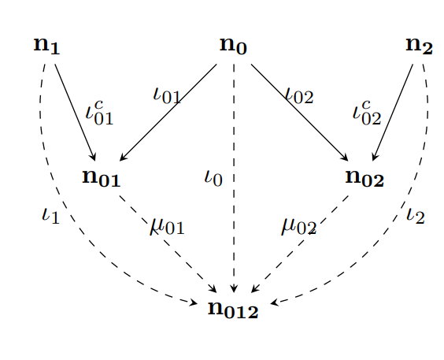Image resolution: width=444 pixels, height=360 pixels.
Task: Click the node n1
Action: [x=46, y=46]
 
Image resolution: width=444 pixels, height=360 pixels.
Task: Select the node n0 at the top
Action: [x=233, y=46]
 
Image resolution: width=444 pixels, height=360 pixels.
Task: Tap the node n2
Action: [x=419, y=46]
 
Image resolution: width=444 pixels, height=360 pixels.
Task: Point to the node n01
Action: [x=102, y=178]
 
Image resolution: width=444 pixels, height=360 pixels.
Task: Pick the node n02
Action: [x=364, y=178]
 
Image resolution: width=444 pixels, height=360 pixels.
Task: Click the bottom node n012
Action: [x=233, y=310]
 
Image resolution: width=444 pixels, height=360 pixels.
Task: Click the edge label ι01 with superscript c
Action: [x=99, y=113]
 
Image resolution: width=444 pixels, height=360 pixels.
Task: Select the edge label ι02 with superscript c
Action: [x=367, y=113]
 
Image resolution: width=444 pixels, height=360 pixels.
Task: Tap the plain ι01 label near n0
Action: [x=167, y=96]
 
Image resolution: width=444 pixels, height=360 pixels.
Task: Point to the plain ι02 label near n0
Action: [x=300, y=96]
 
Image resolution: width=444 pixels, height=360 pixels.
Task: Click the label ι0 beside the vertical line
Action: [x=213, y=178]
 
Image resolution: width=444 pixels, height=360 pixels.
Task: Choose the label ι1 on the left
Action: [x=50, y=216]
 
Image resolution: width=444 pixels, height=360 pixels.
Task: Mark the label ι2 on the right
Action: [x=416, y=216]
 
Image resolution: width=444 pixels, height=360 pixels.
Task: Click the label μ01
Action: [x=167, y=227]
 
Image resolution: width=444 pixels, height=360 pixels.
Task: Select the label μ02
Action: [x=298, y=227]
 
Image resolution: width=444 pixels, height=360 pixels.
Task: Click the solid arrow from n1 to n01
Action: [x=75, y=113]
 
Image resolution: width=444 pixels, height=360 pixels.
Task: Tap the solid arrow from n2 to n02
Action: [x=393, y=113]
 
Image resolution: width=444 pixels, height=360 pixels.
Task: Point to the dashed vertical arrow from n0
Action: [x=234, y=178]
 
